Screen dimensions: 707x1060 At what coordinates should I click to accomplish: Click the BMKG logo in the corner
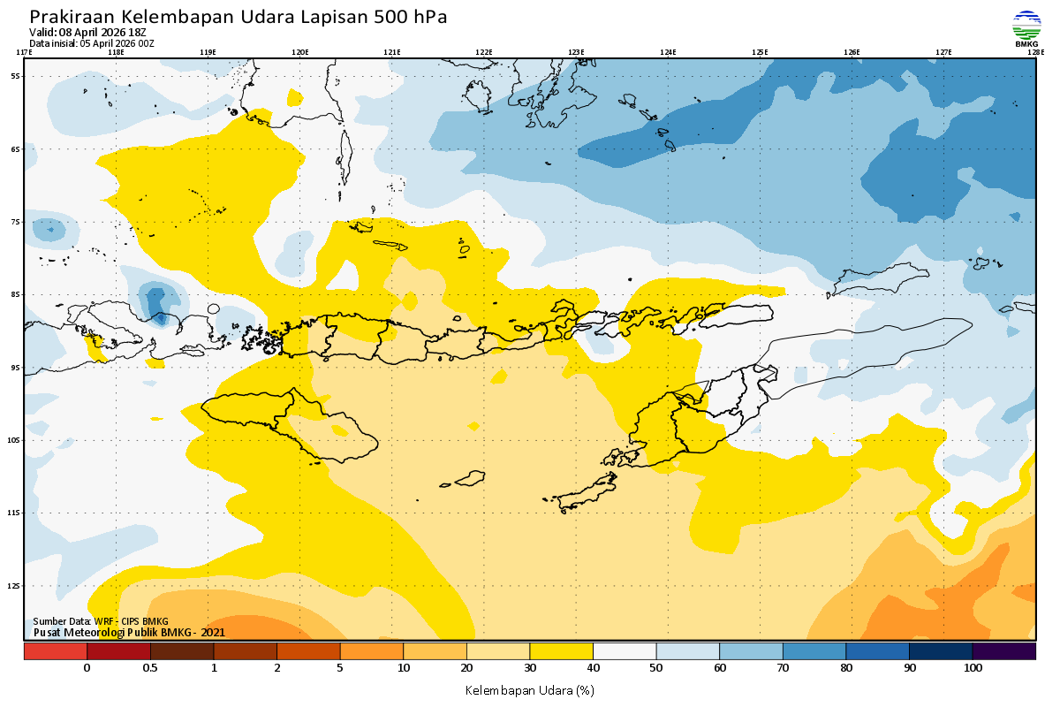(x=1026, y=27)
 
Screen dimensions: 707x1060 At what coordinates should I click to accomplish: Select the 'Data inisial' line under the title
(x=91, y=43)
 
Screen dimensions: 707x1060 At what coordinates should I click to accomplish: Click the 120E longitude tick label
(x=300, y=52)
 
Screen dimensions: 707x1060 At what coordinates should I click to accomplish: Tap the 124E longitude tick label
(x=668, y=52)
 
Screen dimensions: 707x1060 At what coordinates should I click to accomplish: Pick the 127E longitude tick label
(x=943, y=52)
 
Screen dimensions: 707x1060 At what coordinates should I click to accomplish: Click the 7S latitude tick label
(x=15, y=222)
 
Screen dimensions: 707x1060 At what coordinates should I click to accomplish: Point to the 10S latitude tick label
(x=13, y=440)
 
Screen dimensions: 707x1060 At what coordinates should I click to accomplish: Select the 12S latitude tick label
(x=13, y=586)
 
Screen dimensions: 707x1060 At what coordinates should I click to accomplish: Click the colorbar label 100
(x=973, y=668)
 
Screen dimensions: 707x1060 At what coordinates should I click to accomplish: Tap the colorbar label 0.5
(x=150, y=668)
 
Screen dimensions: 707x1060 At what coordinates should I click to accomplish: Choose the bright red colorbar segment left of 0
(x=55, y=651)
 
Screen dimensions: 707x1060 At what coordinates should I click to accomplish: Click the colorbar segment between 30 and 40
(x=561, y=651)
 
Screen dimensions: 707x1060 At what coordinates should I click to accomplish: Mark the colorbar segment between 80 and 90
(x=877, y=651)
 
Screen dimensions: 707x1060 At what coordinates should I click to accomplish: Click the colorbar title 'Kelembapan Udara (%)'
(x=529, y=689)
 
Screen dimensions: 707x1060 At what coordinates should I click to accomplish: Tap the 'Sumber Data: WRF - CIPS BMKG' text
(x=101, y=622)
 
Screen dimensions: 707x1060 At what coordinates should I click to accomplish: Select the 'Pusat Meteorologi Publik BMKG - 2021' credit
(x=129, y=633)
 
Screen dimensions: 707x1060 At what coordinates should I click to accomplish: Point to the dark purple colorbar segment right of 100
(x=1003, y=651)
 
